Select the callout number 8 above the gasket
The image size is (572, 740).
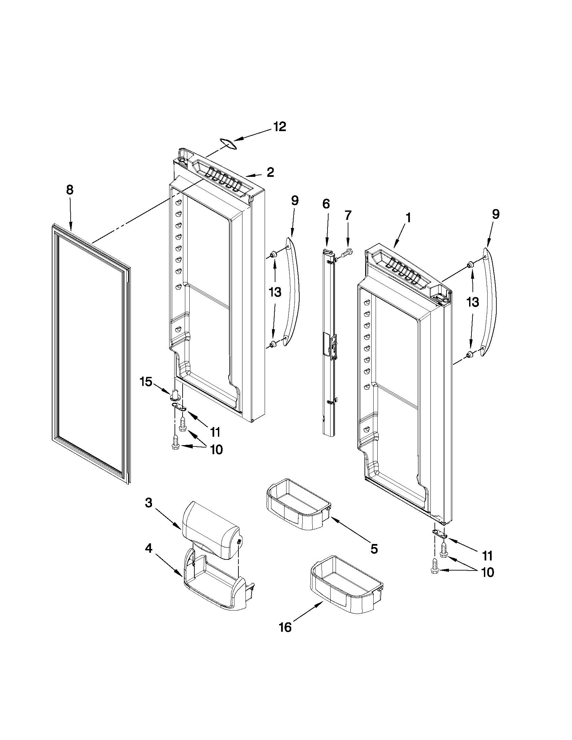[69, 190]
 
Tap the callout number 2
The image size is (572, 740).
[270, 172]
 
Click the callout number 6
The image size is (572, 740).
[326, 204]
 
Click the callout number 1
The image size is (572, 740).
[409, 218]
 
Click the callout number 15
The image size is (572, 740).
[146, 382]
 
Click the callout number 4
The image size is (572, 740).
[148, 548]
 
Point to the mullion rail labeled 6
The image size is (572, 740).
[329, 339]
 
